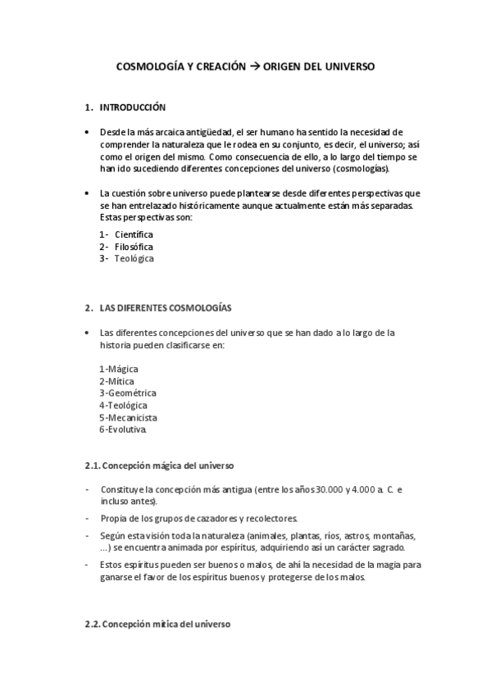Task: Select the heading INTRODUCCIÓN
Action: click(x=132, y=107)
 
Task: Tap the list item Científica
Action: click(x=134, y=234)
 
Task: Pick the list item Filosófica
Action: click(x=134, y=247)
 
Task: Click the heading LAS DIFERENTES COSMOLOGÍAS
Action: click(x=165, y=308)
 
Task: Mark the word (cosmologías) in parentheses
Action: click(x=361, y=169)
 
